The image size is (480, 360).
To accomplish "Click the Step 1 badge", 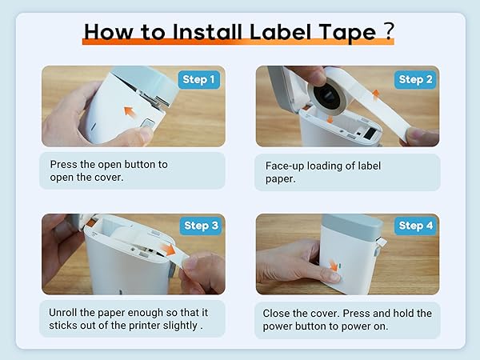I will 200,79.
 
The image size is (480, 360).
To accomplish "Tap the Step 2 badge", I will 416,79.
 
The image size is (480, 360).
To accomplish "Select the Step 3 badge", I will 200,226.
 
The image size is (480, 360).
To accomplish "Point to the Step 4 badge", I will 416,226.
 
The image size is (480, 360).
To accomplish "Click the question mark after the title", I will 387,31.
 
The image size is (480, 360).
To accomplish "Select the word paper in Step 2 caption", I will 281,179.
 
